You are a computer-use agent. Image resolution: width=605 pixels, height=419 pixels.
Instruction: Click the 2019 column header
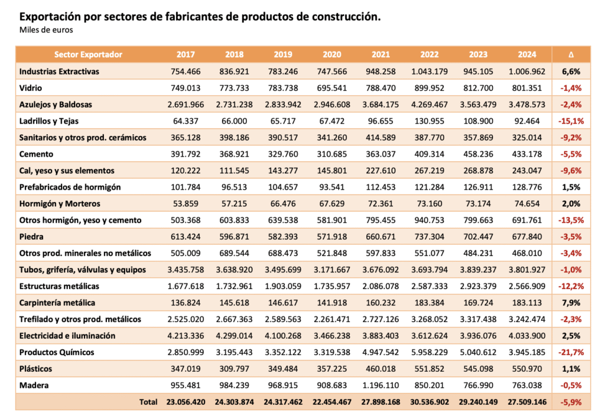click(x=283, y=54)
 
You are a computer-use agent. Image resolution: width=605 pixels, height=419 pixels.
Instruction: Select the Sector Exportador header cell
click(x=88, y=54)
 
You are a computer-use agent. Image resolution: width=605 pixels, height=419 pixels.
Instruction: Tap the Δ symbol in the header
click(x=571, y=54)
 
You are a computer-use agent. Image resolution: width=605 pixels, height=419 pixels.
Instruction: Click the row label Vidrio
click(x=31, y=88)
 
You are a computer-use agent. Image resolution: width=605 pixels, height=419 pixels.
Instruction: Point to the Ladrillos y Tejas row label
click(x=48, y=121)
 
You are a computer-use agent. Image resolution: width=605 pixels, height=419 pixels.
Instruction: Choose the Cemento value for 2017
click(x=186, y=154)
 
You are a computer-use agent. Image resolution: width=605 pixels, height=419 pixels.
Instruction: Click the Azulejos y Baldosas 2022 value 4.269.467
click(x=430, y=105)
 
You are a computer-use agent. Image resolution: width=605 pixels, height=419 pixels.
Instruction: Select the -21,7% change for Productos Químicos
click(x=571, y=352)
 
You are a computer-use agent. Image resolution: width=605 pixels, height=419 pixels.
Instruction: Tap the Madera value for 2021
click(x=380, y=385)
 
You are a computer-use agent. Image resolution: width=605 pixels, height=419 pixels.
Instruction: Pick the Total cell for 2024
click(x=527, y=402)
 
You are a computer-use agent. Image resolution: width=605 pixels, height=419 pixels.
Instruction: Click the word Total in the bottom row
click(x=148, y=402)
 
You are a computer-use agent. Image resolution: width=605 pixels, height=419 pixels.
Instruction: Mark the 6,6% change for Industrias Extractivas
click(x=571, y=72)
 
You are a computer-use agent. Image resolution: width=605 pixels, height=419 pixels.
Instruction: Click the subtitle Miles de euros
click(x=46, y=30)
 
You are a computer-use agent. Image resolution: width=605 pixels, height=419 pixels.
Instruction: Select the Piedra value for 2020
click(x=332, y=236)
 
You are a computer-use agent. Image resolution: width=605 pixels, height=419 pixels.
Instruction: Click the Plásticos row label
click(x=35, y=369)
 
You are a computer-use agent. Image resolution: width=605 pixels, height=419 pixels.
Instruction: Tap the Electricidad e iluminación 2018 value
click(x=234, y=336)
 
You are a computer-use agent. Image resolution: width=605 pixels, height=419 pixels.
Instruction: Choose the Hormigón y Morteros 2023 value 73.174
click(x=478, y=204)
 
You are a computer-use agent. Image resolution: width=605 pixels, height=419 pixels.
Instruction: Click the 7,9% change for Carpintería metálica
click(x=571, y=303)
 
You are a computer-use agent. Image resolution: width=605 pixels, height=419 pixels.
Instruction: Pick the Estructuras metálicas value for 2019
click(x=283, y=286)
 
